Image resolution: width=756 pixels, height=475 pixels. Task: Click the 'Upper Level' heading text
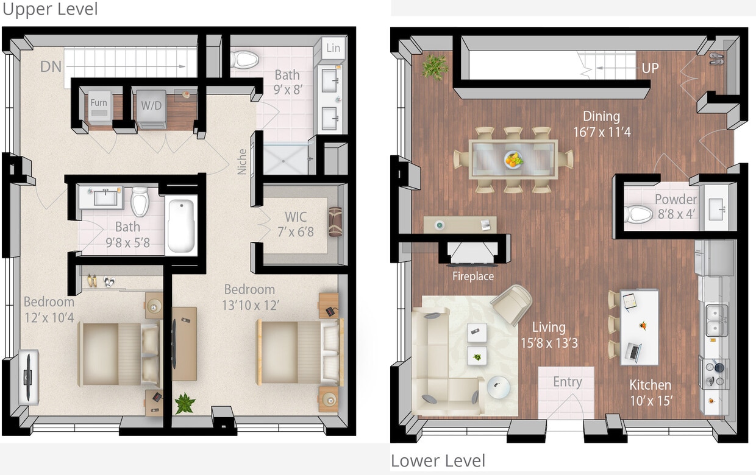coord(50,10)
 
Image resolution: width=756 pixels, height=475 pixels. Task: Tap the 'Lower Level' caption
coord(438,461)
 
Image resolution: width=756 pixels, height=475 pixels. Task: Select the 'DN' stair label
coord(51,66)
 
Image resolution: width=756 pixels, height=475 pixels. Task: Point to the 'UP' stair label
coord(650,68)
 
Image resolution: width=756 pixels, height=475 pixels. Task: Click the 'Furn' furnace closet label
coord(99,103)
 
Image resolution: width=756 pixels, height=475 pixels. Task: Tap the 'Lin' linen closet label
coord(333,48)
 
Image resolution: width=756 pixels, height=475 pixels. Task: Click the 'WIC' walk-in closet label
coord(296,217)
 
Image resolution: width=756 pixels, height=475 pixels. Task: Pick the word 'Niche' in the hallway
coord(243,163)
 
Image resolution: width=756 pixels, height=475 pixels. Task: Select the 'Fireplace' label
coord(473,276)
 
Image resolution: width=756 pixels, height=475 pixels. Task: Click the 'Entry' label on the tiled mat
coord(567,382)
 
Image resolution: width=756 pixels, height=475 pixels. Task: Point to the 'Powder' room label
coord(676,200)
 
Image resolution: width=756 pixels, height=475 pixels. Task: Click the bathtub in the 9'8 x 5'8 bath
coord(180,225)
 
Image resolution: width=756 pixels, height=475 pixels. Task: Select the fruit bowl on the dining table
coord(514,160)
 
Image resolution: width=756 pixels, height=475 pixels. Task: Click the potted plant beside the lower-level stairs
coord(435,66)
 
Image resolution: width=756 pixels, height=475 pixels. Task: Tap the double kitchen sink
coord(716,320)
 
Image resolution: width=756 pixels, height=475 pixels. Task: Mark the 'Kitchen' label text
coord(650,385)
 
